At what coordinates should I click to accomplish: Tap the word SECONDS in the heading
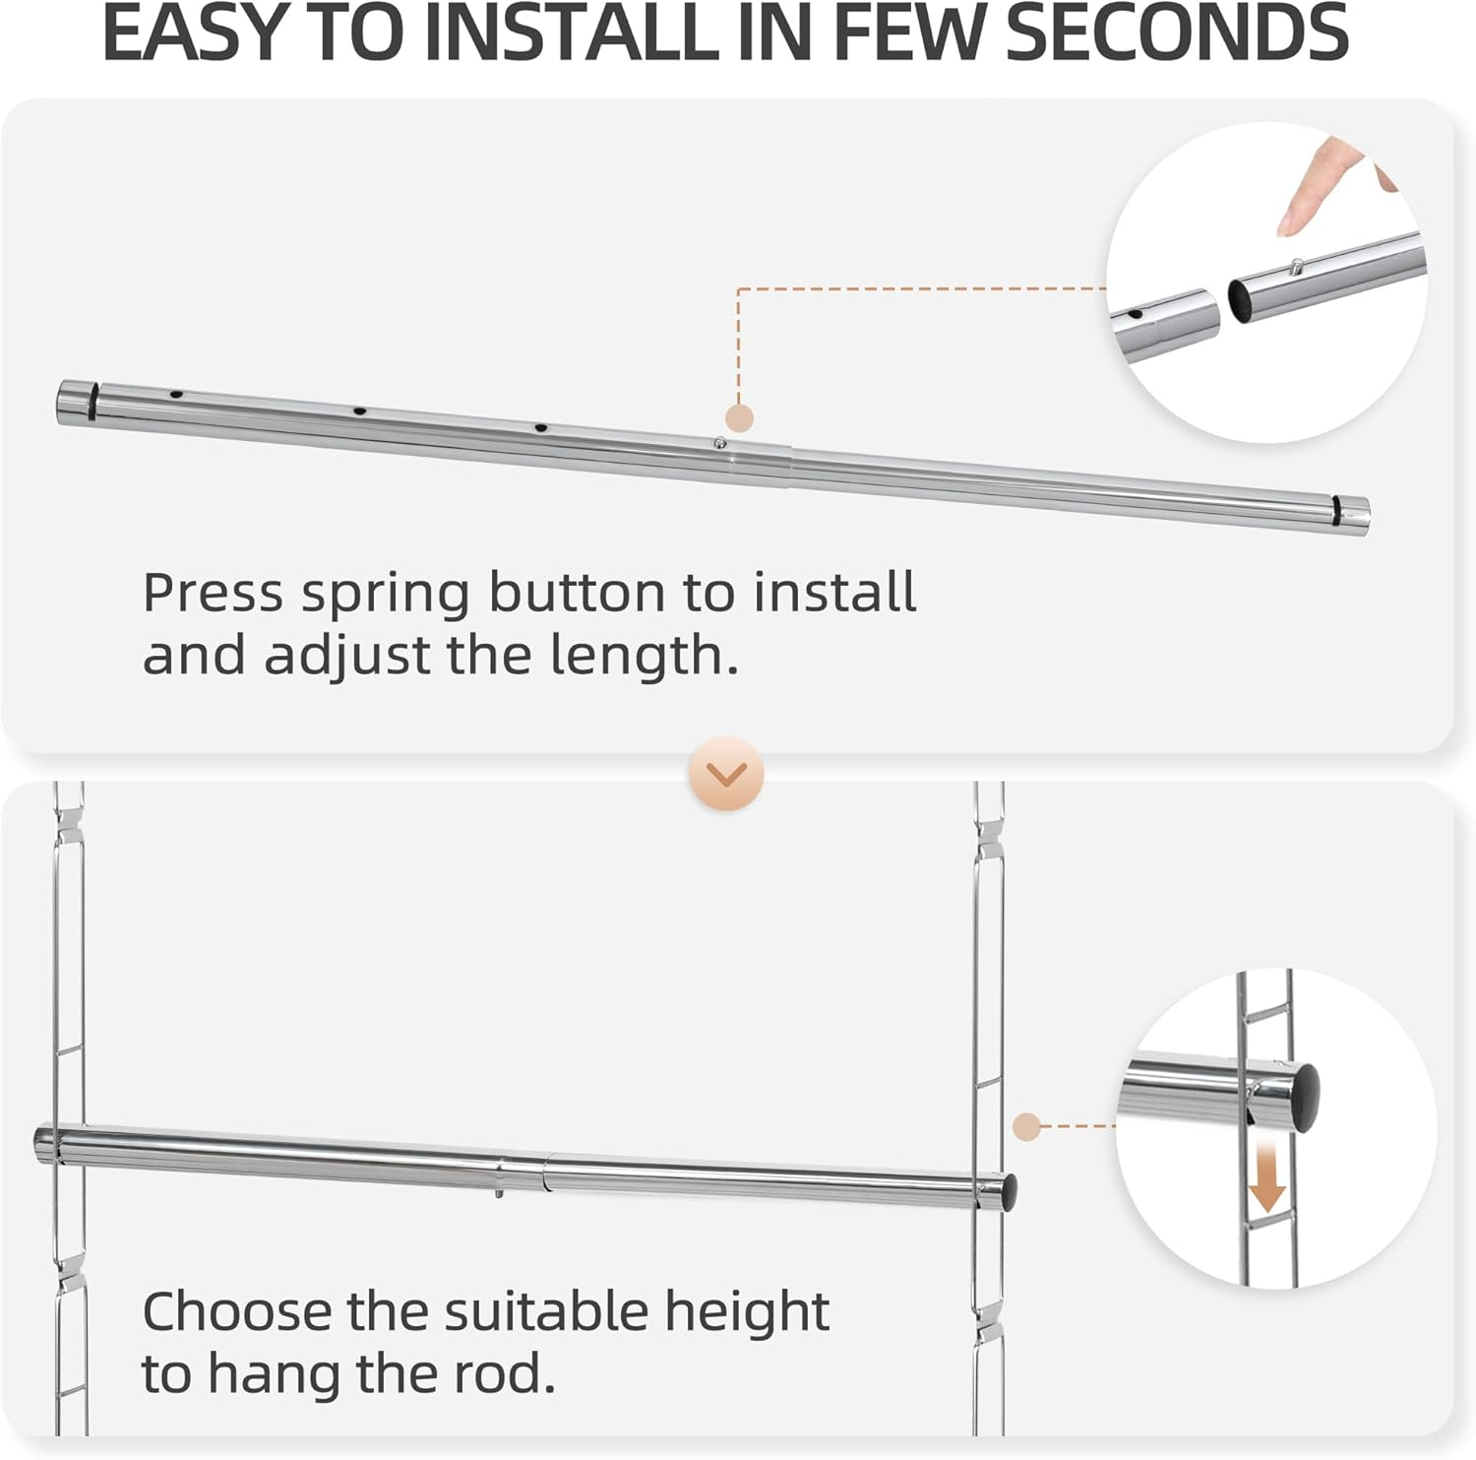pyautogui.click(x=1177, y=33)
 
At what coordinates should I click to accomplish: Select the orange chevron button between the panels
pyautogui.click(x=727, y=774)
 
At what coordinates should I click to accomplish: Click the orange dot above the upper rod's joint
pyautogui.click(x=739, y=417)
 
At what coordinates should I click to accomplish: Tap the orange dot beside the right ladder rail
pyautogui.click(x=1026, y=1126)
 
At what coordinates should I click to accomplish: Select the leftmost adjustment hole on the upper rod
pyautogui.click(x=176, y=395)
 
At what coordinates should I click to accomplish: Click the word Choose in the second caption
pyautogui.click(x=237, y=1312)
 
